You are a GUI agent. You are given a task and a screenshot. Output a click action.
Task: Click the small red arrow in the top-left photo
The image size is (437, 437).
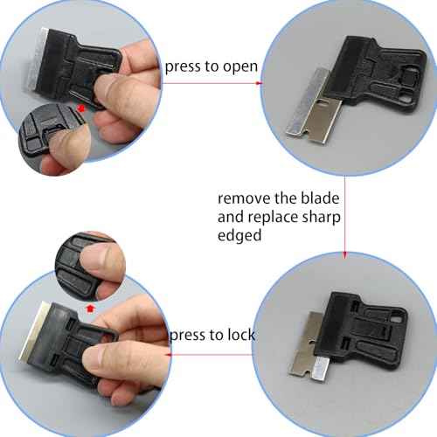pyautogui.click(x=81, y=107)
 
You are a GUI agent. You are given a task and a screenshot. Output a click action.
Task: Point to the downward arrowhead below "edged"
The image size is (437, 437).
pyautogui.click(x=345, y=255)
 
